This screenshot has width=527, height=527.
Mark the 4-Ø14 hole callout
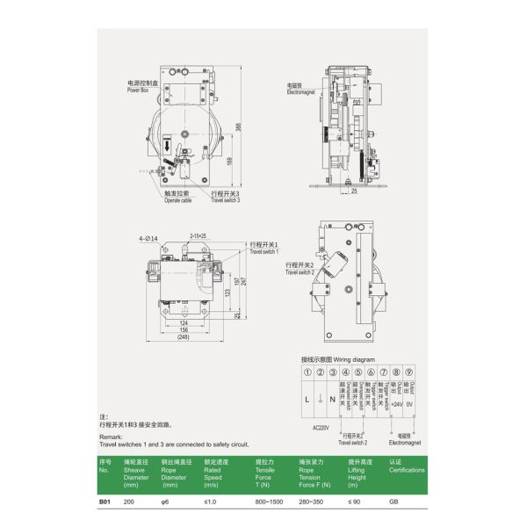click(147, 238)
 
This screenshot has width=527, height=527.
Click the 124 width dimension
click(183, 321)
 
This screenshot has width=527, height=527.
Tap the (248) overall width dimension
click(183, 336)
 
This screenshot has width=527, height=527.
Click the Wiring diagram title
click(337, 359)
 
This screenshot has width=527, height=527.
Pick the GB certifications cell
click(393, 502)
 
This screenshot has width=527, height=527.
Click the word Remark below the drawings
click(112, 435)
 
